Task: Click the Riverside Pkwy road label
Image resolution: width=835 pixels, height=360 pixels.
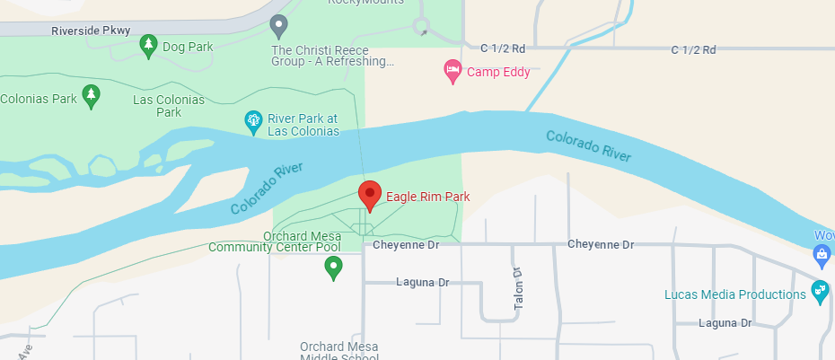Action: pyautogui.click(x=92, y=31)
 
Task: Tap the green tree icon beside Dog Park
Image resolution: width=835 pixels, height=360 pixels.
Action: pyautogui.click(x=149, y=45)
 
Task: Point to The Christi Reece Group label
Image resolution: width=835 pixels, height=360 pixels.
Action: pyautogui.click(x=333, y=56)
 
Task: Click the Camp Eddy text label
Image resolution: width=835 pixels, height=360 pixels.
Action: pyautogui.click(x=498, y=72)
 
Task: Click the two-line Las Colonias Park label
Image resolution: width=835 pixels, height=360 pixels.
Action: pyautogui.click(x=169, y=106)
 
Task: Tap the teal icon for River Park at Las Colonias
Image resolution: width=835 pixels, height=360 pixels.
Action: pyautogui.click(x=254, y=121)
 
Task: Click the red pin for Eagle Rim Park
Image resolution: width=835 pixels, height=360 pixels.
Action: pyautogui.click(x=368, y=193)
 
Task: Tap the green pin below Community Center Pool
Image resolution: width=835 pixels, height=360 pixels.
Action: pyautogui.click(x=333, y=266)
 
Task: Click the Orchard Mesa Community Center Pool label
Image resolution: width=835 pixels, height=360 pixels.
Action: pyautogui.click(x=275, y=241)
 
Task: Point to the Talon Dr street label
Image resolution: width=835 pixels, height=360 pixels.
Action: pyautogui.click(x=518, y=289)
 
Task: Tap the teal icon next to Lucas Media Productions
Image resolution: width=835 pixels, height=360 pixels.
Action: pyautogui.click(x=819, y=291)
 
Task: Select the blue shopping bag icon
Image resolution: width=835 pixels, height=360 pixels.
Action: pyautogui.click(x=822, y=255)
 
